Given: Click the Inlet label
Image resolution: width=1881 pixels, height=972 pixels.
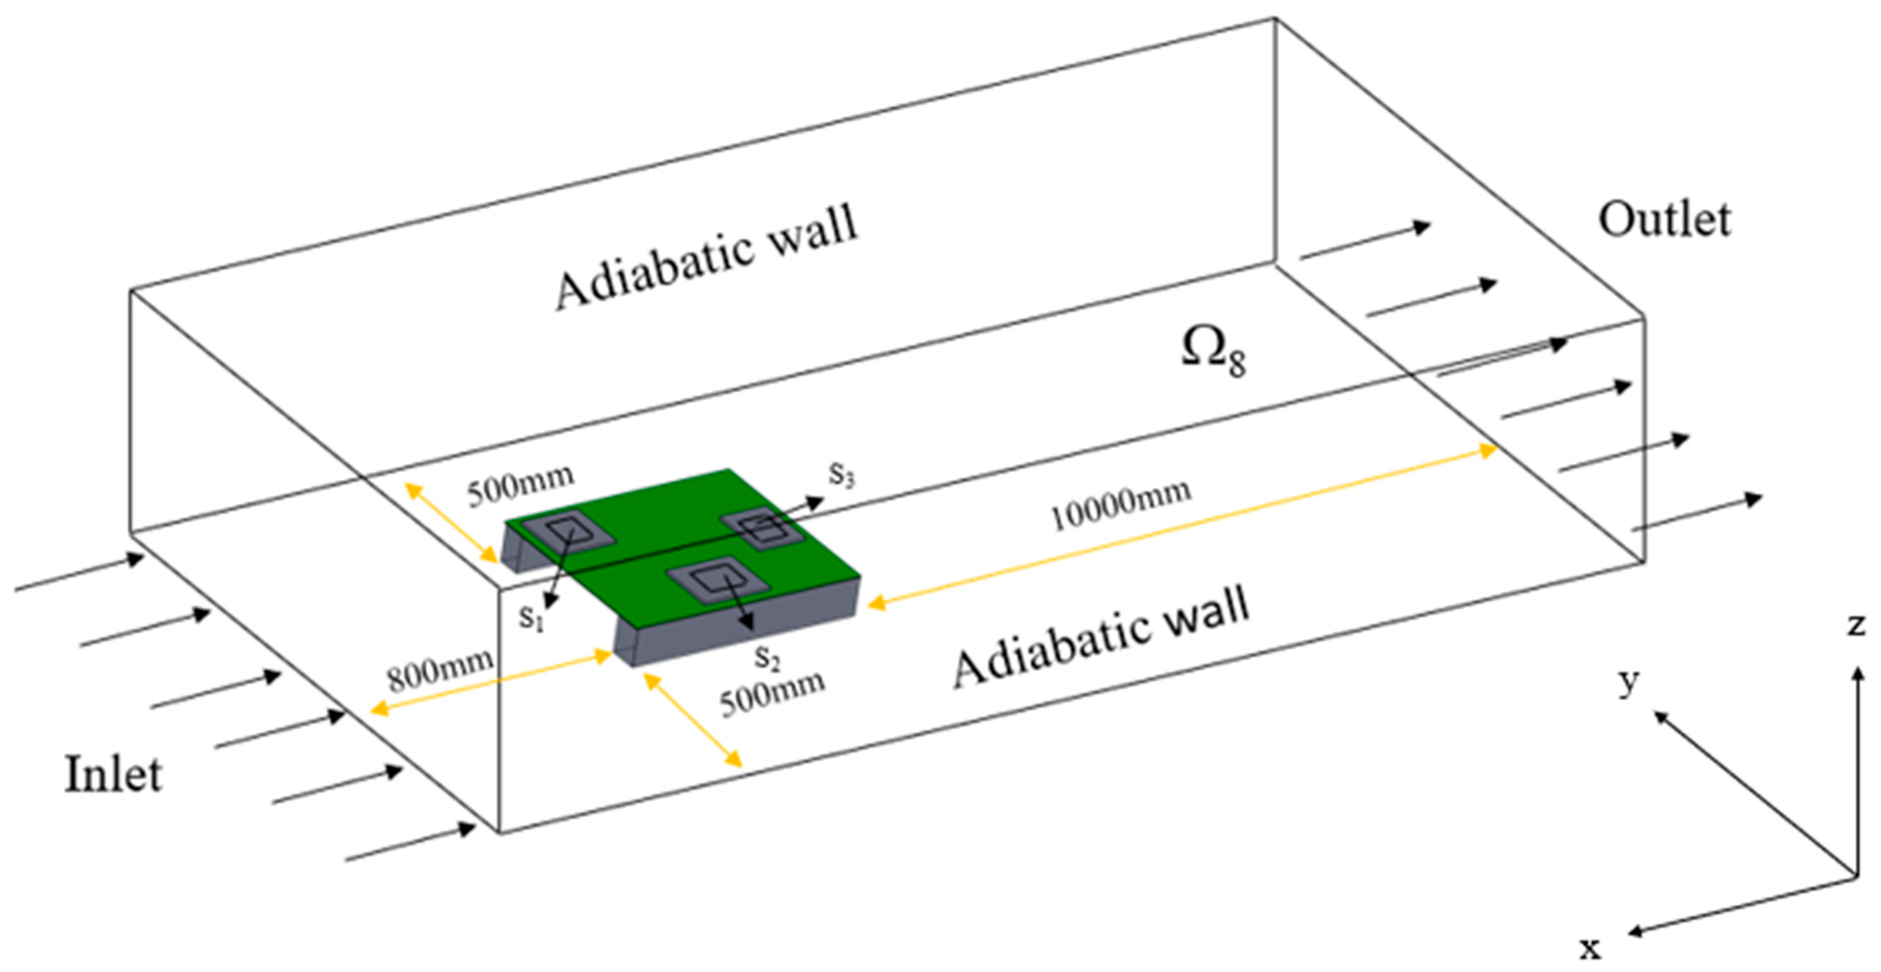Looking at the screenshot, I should pos(113,775).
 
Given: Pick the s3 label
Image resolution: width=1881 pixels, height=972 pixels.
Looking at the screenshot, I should pos(841,474).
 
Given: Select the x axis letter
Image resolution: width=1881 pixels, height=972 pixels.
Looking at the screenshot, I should pos(1590,948).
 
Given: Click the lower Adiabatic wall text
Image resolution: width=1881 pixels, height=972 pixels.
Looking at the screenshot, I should pos(1101,641).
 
